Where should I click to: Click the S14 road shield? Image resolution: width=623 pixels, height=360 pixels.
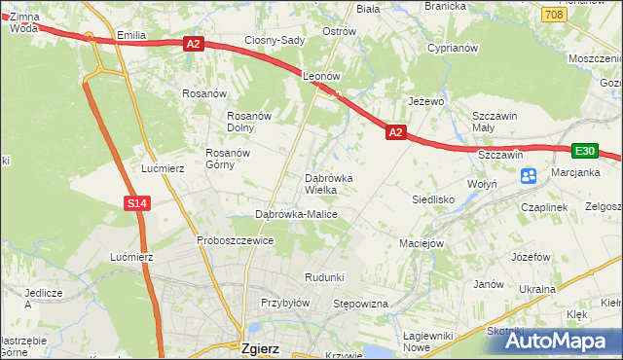click(137, 203)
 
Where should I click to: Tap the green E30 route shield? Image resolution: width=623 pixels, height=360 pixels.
click(584, 150)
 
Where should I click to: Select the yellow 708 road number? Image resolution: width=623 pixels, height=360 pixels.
click(554, 14)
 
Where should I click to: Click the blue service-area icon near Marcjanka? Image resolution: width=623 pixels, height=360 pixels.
click(529, 176)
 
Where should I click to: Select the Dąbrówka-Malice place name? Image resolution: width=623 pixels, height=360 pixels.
click(295, 213)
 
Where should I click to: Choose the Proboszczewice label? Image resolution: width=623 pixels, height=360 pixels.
click(235, 240)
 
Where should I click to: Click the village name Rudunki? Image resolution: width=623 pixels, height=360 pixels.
click(324, 277)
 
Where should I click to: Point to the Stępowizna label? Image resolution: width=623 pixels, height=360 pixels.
click(360, 304)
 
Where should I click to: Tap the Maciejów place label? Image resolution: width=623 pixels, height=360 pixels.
click(422, 242)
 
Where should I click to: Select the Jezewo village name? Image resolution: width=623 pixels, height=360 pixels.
click(425, 101)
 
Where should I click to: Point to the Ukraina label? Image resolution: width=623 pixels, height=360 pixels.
click(536, 289)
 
